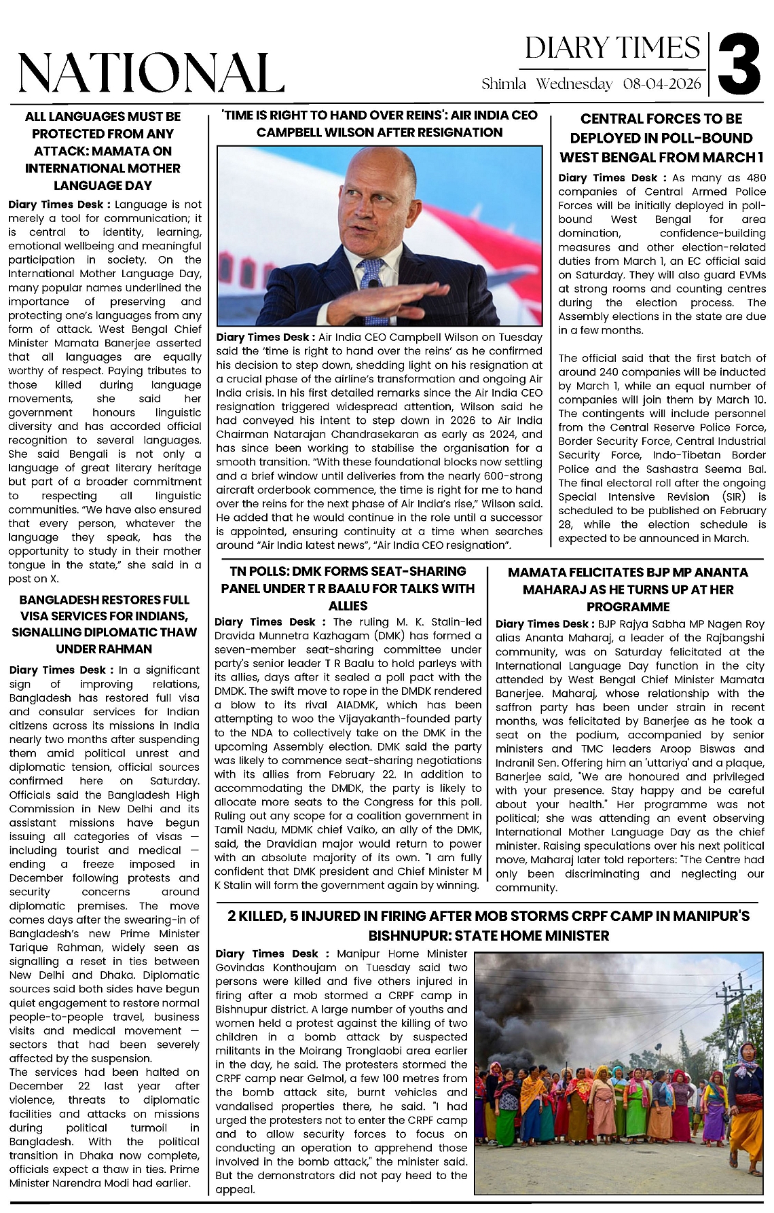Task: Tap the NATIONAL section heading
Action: pyautogui.click(x=150, y=73)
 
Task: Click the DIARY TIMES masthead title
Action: pyautogui.click(x=612, y=48)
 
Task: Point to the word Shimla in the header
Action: pyautogui.click(x=504, y=84)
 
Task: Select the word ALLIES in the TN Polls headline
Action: pyautogui.click(x=348, y=605)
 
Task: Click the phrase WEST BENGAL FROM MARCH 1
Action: pyautogui.click(x=661, y=157)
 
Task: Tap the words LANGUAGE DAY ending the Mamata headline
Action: pyautogui.click(x=103, y=185)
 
